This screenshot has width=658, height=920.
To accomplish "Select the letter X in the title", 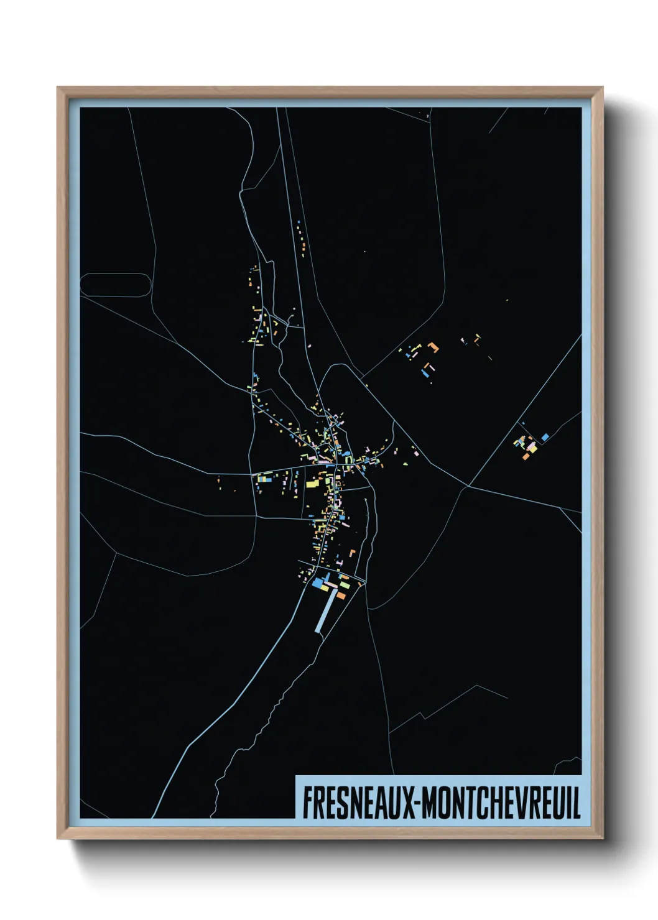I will tap(411, 803).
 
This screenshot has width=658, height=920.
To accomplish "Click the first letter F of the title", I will tap(307, 803).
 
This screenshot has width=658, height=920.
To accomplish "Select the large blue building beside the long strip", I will tap(320, 584).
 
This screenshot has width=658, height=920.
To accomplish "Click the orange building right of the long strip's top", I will tap(341, 596).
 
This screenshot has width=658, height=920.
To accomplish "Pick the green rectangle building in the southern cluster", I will tap(345, 585).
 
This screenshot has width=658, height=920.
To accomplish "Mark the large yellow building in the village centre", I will tap(310, 483).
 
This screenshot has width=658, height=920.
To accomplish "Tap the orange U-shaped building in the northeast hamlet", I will tap(433, 347).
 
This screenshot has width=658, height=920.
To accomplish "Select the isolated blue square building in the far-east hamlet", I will tap(545, 437).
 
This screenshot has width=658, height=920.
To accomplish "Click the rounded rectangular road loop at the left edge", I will tap(116, 285).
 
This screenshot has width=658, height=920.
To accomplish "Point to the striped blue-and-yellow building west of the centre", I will tap(264, 479).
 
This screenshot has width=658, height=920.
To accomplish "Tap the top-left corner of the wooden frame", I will tap(58, 88).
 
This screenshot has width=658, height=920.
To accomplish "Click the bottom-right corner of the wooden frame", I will tap(602, 838).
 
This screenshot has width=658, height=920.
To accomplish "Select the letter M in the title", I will tap(433, 803).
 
